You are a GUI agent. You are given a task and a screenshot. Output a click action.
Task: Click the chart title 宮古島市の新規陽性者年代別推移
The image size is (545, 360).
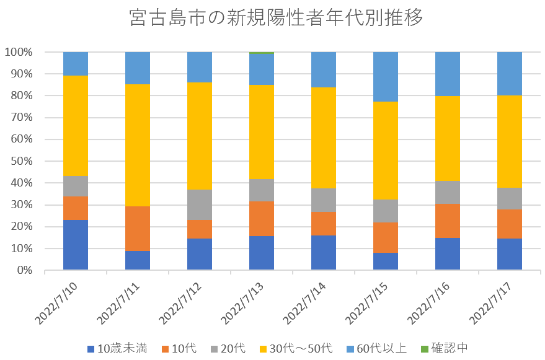pyautogui.click(x=277, y=17)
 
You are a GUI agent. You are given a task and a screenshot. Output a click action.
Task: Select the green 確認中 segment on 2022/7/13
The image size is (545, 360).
pyautogui.click(x=262, y=53)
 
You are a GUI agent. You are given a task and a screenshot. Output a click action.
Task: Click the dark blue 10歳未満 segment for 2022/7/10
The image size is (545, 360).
pyautogui.click(x=76, y=245)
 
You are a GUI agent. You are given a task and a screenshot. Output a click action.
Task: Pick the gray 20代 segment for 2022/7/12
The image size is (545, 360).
pyautogui.click(x=200, y=204)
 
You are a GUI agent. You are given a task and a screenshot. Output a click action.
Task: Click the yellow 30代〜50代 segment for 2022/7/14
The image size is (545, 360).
pyautogui.click(x=324, y=138)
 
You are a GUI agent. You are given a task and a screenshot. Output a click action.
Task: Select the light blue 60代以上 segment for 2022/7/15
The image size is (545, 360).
pyautogui.click(x=386, y=77)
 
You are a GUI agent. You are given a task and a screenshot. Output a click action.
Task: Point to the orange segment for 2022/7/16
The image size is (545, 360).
pyautogui.click(x=448, y=221)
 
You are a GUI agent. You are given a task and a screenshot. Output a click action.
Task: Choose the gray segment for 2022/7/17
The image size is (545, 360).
pyautogui.click(x=510, y=198)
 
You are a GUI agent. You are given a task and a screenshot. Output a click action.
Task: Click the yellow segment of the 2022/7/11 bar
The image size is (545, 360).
pyautogui.click(x=138, y=145)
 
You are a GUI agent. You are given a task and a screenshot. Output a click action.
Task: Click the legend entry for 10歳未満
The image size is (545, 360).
pyautogui.click(x=123, y=348)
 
